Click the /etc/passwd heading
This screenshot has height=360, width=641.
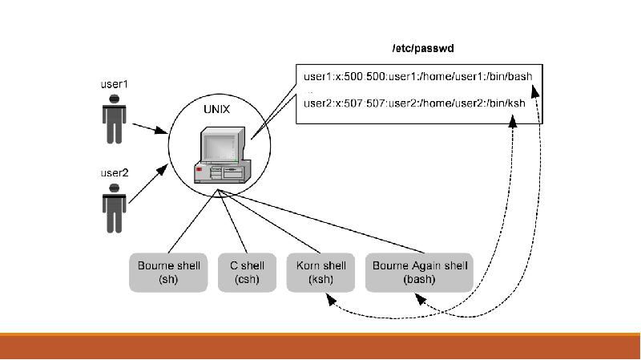tap(422, 49)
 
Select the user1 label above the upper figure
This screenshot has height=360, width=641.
tap(114, 83)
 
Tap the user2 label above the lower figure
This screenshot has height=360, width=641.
tap(114, 172)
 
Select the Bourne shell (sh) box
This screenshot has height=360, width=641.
tap(168, 273)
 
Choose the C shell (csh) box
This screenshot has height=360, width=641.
tap(246, 273)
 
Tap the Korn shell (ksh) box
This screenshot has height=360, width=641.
tap(320, 273)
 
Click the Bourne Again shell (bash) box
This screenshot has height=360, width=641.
tap(418, 273)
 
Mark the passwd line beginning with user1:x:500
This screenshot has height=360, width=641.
tap(417, 77)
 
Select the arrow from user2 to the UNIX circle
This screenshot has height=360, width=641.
tap(148, 184)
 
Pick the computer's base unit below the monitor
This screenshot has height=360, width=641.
tap(223, 170)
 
